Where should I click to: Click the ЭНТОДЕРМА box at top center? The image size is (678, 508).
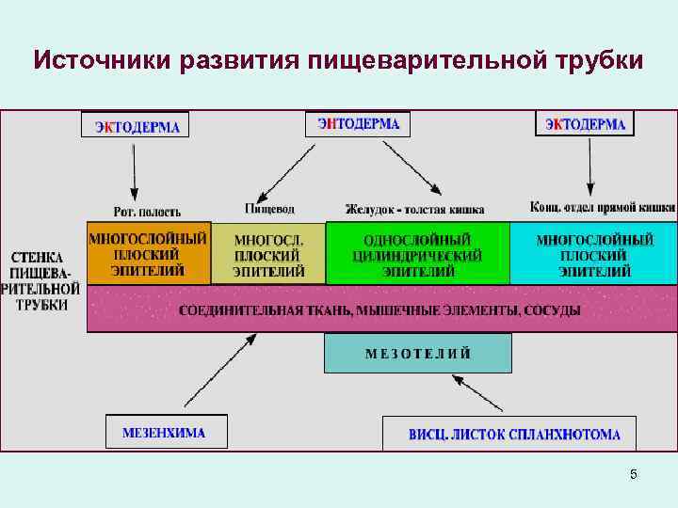[x=358, y=124]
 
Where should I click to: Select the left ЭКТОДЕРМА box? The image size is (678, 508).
[x=136, y=126]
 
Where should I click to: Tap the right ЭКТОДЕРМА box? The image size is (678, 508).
[x=585, y=124]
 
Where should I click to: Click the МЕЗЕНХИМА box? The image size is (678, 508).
[x=166, y=432]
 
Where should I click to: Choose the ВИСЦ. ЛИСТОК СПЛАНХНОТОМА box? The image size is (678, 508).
[x=509, y=434]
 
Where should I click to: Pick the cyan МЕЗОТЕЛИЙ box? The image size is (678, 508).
[x=418, y=354]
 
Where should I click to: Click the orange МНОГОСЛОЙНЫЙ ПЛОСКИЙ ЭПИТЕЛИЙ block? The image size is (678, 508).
[x=149, y=254]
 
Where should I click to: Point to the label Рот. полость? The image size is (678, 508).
[x=147, y=212]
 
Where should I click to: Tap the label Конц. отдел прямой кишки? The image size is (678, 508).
[x=603, y=208]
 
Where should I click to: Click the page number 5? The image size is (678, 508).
[x=633, y=474]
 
